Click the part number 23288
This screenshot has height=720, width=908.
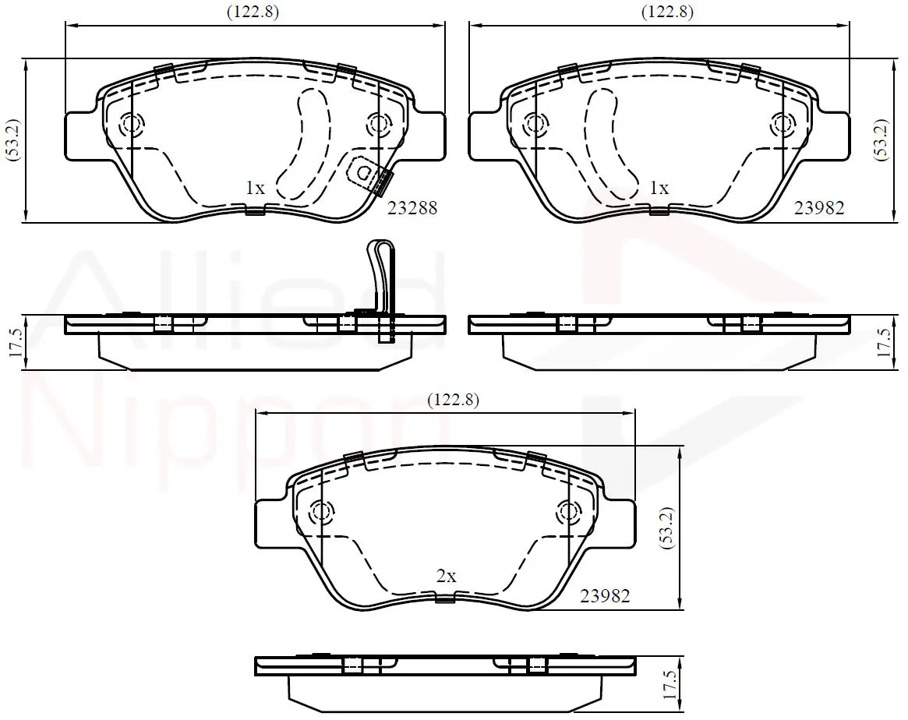click(412, 208)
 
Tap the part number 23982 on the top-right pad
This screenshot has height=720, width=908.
click(819, 208)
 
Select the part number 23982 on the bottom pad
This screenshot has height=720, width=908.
click(605, 595)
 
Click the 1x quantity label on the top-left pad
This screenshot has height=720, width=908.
click(255, 188)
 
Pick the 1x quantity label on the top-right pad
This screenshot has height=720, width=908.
click(659, 188)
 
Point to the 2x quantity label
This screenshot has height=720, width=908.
click(447, 576)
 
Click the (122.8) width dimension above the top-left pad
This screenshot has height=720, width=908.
click(253, 12)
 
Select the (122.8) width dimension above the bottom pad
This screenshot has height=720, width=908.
click(454, 400)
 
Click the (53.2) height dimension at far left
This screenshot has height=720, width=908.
click(15, 139)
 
